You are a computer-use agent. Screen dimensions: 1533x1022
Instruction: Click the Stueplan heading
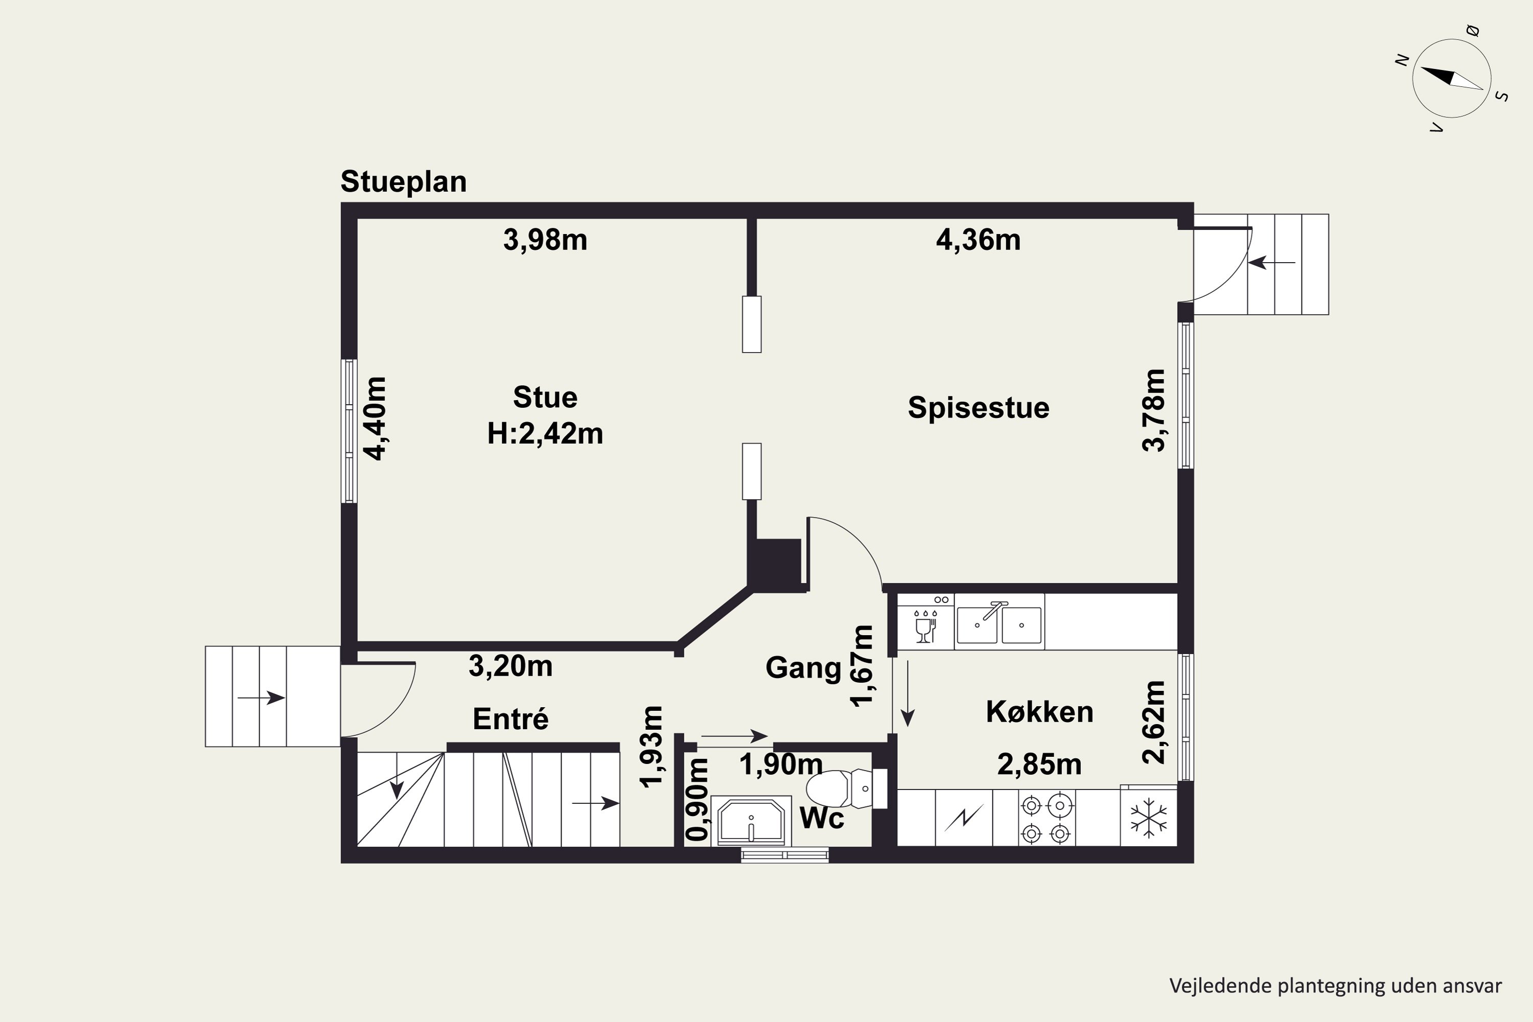point(404,182)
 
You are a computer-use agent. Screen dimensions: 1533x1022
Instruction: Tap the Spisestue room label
point(979,408)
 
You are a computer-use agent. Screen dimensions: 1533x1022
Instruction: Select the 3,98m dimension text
point(545,240)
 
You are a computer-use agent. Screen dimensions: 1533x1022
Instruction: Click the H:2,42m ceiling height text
point(545,433)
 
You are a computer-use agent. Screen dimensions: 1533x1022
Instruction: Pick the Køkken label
point(1039,712)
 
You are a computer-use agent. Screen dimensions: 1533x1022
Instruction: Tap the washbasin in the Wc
point(751,821)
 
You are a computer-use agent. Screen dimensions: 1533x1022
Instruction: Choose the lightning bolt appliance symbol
point(963,817)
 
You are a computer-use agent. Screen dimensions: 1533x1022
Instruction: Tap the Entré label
point(510,719)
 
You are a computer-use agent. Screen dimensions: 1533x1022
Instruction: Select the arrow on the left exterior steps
point(261,698)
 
